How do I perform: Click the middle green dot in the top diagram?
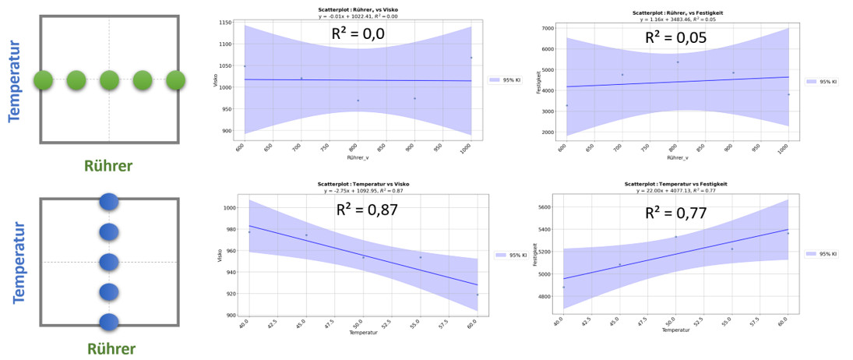109,79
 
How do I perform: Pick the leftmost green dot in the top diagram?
43,79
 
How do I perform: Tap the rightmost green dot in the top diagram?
175,79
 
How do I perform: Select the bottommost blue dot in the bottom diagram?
109,321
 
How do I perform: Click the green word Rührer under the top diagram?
108,165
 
